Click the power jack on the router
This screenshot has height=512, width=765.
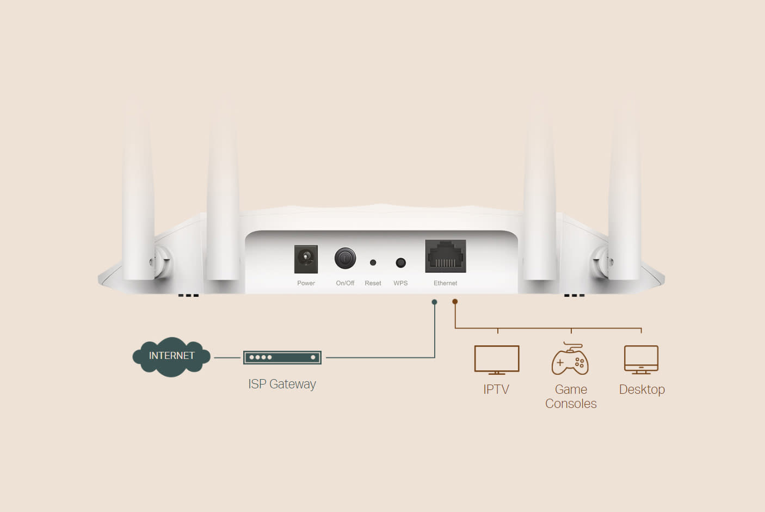click(306, 259)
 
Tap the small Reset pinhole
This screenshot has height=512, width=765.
click(373, 263)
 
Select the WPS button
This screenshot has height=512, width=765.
click(400, 263)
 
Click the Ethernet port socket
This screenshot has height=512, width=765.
click(446, 257)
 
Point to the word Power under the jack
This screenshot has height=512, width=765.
click(306, 283)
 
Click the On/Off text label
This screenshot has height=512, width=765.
click(345, 283)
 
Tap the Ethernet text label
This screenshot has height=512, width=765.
click(445, 283)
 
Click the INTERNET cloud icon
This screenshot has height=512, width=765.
click(171, 356)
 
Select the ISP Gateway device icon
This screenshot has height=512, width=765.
click(282, 357)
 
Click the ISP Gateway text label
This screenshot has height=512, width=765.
click(282, 384)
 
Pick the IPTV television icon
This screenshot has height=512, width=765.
click(496, 359)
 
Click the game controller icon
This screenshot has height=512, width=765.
click(570, 360)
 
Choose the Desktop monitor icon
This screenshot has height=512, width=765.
click(641, 359)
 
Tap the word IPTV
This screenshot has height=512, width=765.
click(496, 389)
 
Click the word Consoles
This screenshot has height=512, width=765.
click(571, 404)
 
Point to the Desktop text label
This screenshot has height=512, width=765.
click(642, 389)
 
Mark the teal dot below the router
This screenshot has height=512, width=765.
click(434, 302)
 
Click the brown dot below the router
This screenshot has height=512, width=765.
click(455, 301)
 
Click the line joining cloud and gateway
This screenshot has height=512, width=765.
click(227, 358)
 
